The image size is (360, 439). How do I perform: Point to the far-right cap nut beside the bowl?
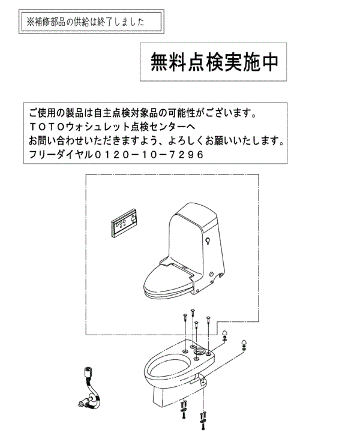point(245,344)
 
